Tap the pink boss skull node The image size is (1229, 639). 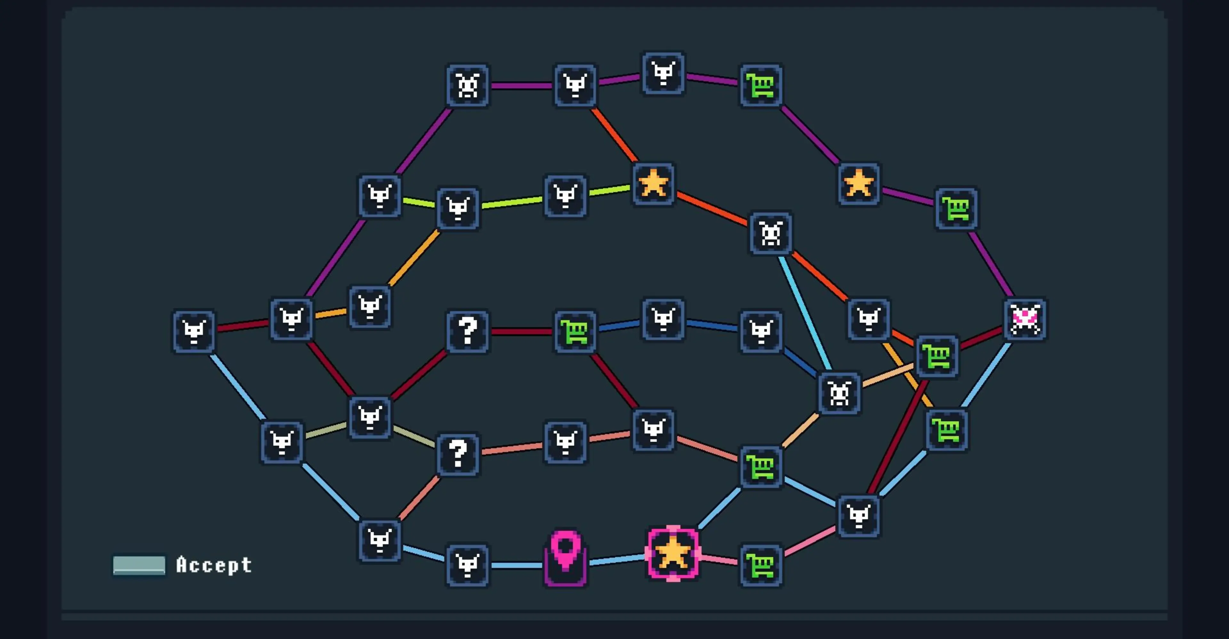1025,319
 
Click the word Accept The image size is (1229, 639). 214,565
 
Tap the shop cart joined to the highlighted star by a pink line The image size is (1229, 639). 761,565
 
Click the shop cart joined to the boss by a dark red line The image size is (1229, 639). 937,356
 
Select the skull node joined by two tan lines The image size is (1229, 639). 839,393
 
